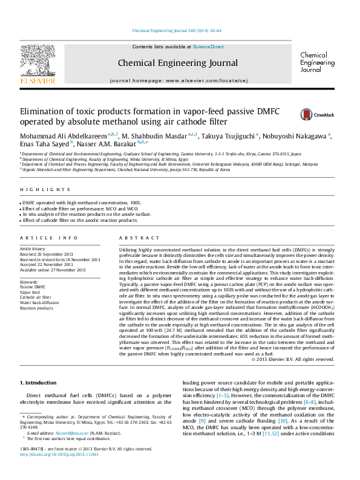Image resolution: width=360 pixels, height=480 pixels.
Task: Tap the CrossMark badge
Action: [x=312, y=114]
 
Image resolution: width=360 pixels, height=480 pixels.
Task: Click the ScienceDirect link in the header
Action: [x=208, y=47]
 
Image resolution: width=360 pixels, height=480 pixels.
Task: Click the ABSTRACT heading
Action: [x=134, y=238]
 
